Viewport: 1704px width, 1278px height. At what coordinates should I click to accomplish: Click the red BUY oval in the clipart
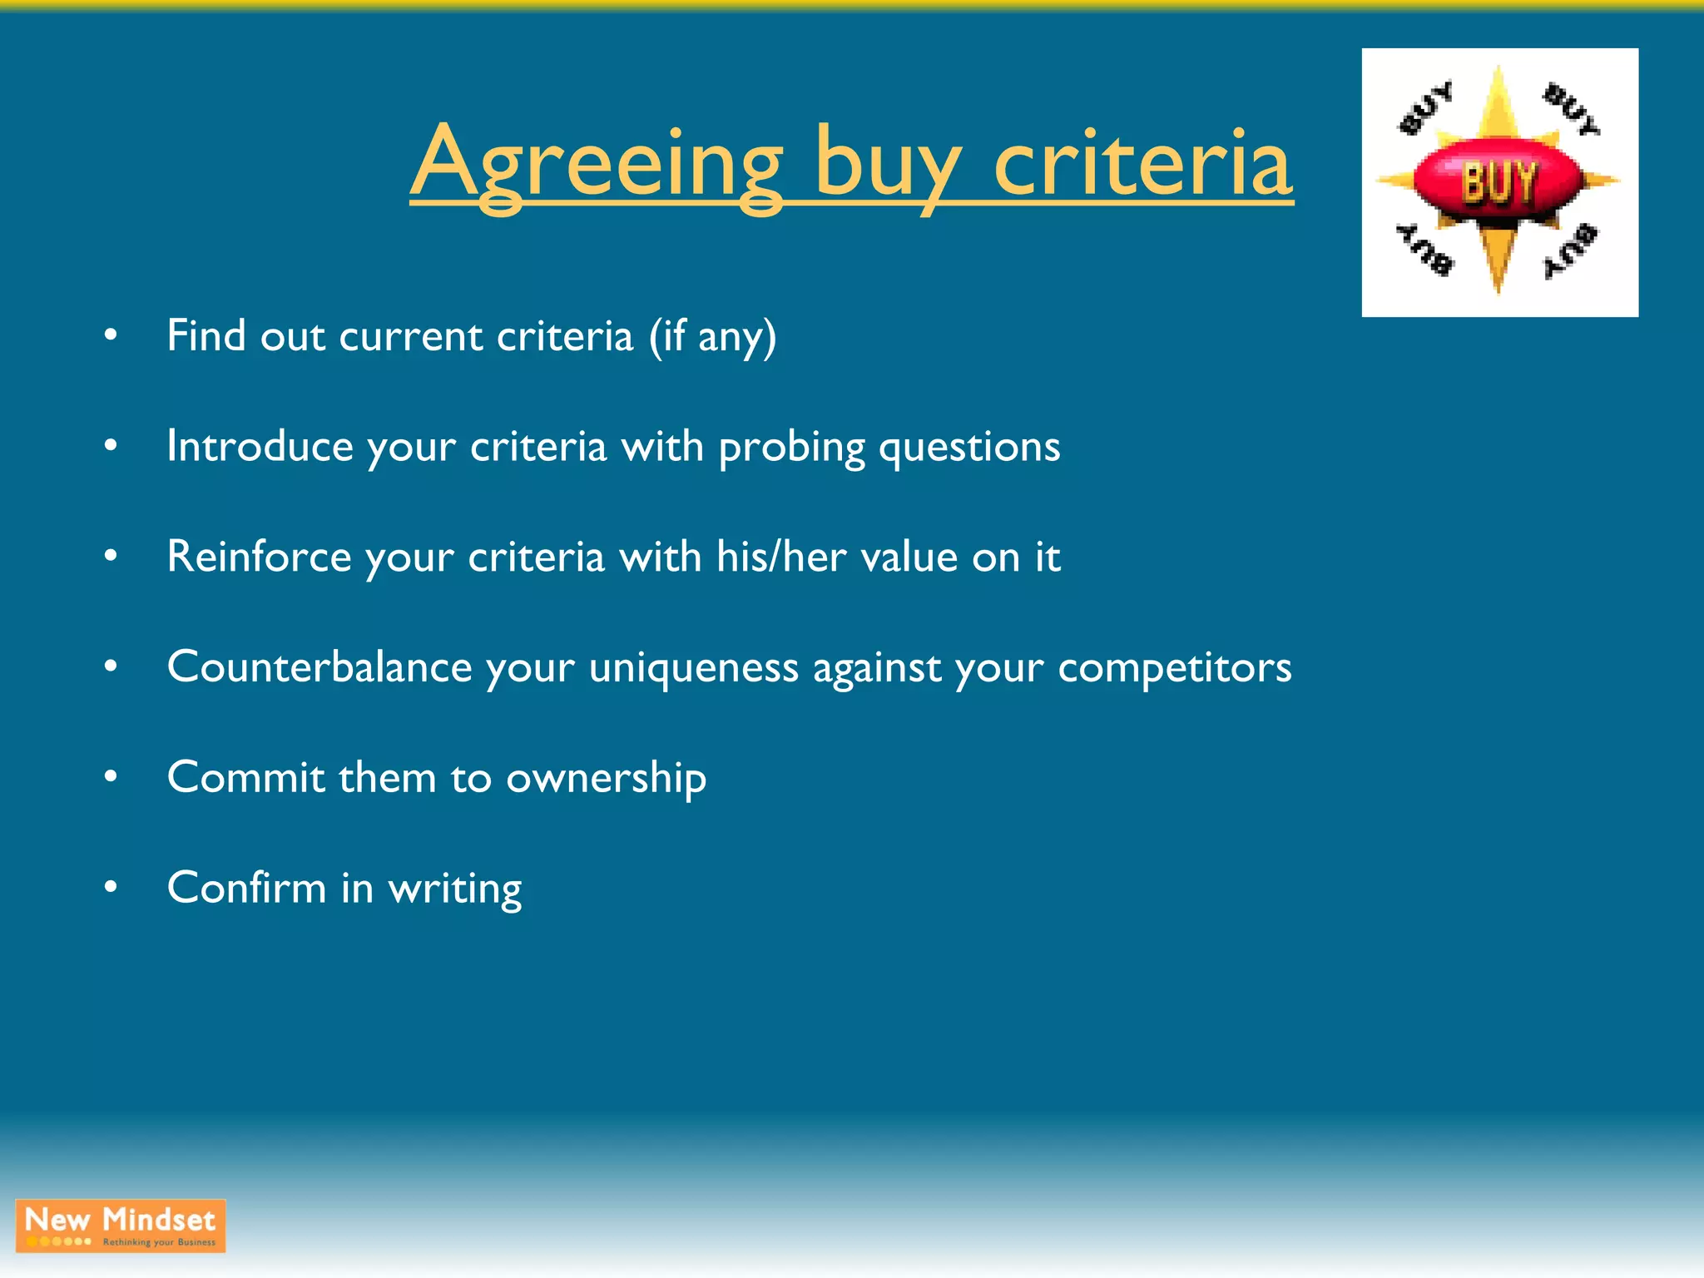1498,181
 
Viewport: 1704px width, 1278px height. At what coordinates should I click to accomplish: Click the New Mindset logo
121,1226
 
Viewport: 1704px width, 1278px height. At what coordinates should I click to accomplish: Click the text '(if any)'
712,337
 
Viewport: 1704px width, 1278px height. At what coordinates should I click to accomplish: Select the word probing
791,448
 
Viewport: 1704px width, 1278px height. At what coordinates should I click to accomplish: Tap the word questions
969,448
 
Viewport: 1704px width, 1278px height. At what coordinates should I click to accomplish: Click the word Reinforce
259,557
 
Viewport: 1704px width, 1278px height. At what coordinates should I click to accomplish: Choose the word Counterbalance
319,667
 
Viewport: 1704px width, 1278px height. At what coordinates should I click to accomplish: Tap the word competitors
1174,667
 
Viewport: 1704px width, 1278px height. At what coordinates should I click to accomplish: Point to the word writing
455,889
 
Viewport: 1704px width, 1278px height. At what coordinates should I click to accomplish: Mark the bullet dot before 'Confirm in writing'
111,888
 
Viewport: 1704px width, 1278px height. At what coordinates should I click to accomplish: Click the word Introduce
260,447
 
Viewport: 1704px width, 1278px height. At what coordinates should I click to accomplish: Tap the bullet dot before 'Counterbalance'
111,666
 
